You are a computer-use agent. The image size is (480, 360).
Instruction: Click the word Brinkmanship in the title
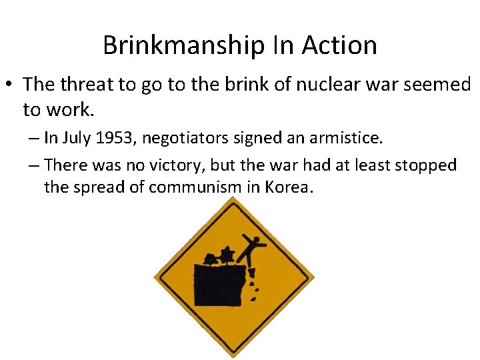point(185,46)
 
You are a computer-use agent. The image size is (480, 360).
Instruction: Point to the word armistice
point(348,138)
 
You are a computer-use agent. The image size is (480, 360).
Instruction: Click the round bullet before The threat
point(10,85)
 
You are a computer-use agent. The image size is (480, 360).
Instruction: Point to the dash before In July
point(34,139)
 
